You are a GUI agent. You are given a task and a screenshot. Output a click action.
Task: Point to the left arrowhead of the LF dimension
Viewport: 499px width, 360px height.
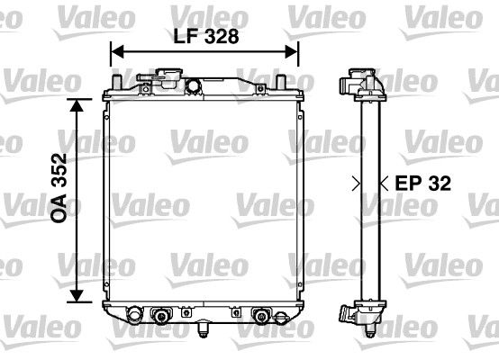tap(114, 53)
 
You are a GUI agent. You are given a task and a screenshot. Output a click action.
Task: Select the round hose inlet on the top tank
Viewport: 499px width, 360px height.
tap(192, 85)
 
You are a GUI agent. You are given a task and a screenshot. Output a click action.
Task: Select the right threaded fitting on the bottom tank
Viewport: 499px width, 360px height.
tap(263, 316)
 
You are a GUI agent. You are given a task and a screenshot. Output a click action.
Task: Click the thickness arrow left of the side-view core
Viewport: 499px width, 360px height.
tap(354, 183)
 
